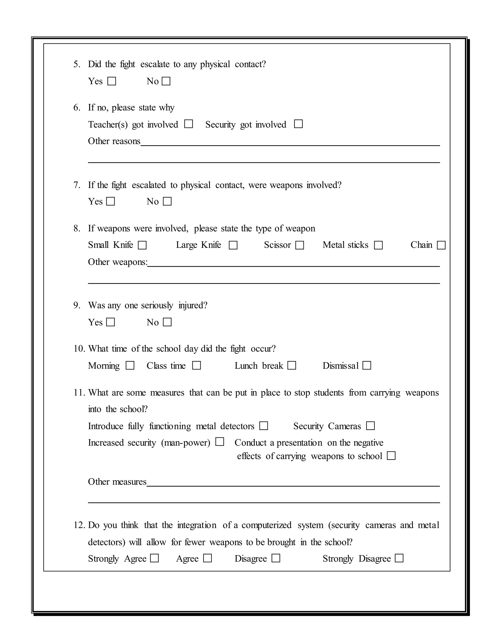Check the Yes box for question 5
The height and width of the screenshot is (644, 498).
pos(112,81)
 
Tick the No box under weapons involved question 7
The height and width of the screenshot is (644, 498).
pos(167,201)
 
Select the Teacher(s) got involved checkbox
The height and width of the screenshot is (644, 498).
pos(188,124)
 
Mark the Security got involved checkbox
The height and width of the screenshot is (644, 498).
pos(298,124)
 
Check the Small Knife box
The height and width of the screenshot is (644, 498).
pos(142,245)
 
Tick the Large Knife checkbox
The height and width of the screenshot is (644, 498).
pos(233,245)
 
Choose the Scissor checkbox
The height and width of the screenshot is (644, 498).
pos(300,245)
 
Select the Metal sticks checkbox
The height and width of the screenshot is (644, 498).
pos(378,245)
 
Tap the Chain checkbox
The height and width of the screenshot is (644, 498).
pos(441,245)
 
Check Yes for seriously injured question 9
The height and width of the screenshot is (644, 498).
pos(110,322)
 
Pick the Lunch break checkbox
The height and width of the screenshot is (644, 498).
pos(292,365)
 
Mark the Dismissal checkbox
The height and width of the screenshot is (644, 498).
pos(367,365)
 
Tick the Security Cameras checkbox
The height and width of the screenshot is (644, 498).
pos(370,426)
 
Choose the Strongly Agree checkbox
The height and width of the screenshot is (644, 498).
pos(154,558)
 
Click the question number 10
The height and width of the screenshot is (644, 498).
pos(79,349)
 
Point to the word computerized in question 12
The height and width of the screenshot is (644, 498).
pos(266,525)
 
